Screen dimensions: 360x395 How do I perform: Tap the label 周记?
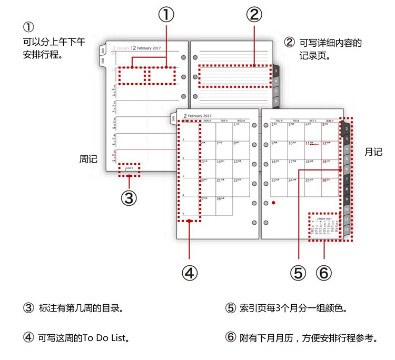coord(88,158)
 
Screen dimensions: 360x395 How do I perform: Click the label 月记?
coord(373,152)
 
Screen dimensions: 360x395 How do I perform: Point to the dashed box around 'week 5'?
coord(130,169)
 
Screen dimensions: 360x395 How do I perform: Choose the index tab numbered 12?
coord(347,229)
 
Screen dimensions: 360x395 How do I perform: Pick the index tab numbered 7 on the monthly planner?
coord(347,179)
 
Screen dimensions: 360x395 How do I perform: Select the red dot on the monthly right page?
coord(274,202)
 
